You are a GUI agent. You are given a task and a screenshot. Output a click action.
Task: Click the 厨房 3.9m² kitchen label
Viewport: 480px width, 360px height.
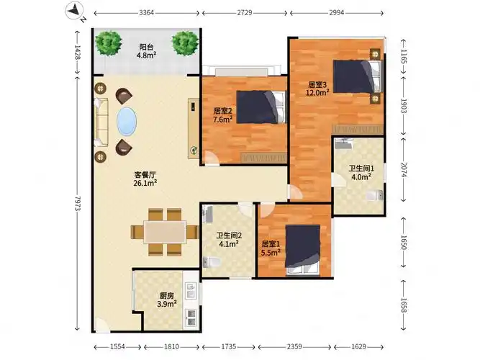click(166, 299)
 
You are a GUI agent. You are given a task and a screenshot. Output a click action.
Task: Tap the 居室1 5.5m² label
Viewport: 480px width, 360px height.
click(271, 248)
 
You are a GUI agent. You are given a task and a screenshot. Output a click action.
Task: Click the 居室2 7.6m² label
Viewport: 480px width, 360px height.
click(222, 115)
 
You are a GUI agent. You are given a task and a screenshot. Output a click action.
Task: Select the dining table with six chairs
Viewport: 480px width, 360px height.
click(165, 232)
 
